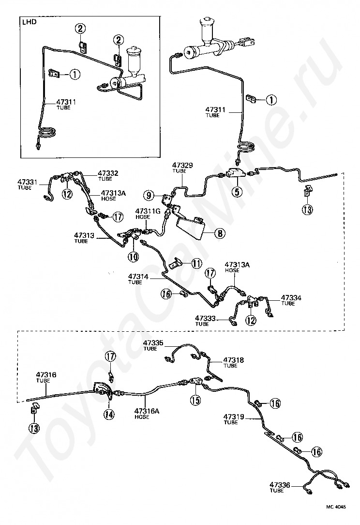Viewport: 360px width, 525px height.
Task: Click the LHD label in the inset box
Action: [x=29, y=22]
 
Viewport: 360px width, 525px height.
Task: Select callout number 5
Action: [x=237, y=192]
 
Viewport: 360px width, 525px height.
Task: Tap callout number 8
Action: [x=220, y=232]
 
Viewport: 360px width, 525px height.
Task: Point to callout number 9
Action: [x=149, y=195]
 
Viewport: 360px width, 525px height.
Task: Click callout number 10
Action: [x=133, y=257]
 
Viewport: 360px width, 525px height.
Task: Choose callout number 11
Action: [x=197, y=263]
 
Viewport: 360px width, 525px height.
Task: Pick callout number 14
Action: [x=109, y=415]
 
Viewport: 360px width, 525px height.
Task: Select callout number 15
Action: [x=195, y=400]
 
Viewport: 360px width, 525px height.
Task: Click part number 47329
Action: [x=183, y=165]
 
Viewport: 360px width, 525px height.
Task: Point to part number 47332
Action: [x=108, y=173]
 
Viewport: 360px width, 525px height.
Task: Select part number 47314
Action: [x=138, y=277]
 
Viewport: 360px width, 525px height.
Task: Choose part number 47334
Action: [x=291, y=297]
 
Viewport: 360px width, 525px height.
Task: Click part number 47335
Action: [x=153, y=343]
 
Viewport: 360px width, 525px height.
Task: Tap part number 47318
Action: [x=234, y=360]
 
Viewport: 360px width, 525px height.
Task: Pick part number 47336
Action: [x=280, y=484]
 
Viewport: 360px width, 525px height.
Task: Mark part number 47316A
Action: [x=147, y=411]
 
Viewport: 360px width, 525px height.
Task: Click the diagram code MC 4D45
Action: [x=336, y=507]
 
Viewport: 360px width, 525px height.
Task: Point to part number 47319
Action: [x=234, y=417]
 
